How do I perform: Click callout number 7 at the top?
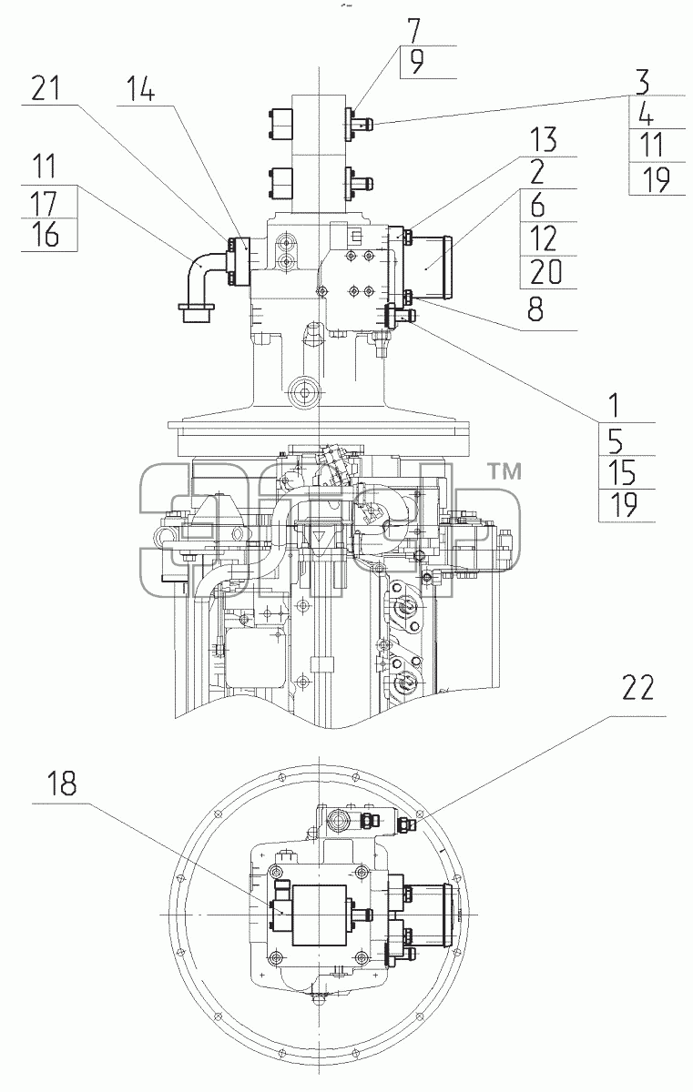[x=413, y=31]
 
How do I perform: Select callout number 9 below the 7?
[x=416, y=62]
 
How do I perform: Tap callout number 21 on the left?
[x=46, y=89]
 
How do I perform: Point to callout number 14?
[x=141, y=89]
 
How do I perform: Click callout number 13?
[x=544, y=140]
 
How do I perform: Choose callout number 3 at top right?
[x=643, y=82]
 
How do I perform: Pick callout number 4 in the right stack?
[x=646, y=113]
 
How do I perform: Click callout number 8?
[x=536, y=308]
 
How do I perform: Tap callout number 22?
[x=637, y=688]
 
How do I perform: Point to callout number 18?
[x=62, y=784]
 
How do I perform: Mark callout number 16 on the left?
[x=46, y=235]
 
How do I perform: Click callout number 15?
[x=622, y=472]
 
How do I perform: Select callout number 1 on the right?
[x=615, y=406]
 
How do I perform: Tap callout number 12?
[x=544, y=238]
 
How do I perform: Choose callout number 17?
[x=45, y=202]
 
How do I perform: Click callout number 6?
[x=537, y=206]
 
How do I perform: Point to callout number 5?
[x=616, y=440]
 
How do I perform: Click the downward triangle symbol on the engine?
[x=319, y=537]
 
